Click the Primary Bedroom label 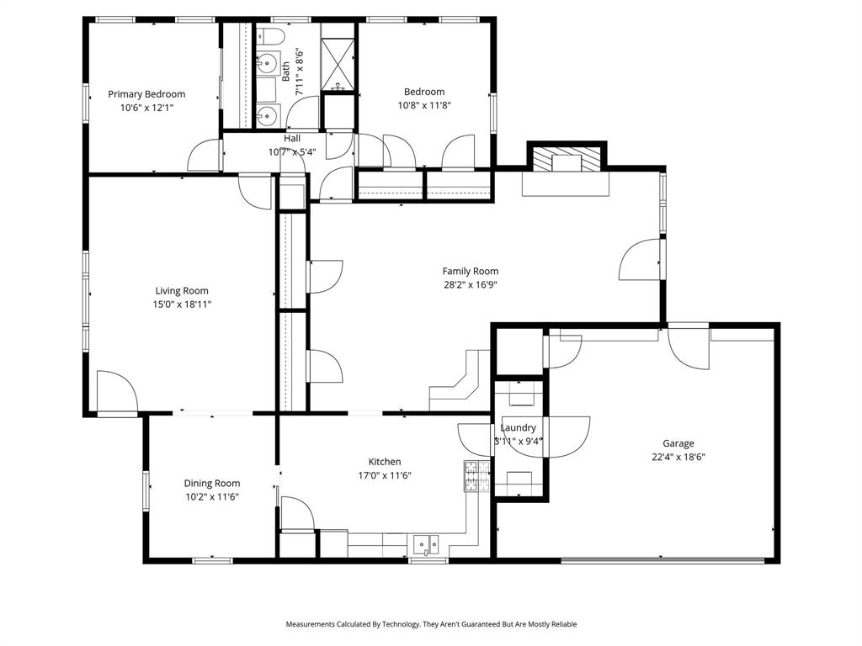click(x=146, y=94)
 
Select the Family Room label click(x=470, y=271)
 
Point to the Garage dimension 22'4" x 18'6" click(x=678, y=458)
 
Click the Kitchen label click(x=384, y=462)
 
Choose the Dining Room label click(x=212, y=483)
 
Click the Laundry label click(x=518, y=428)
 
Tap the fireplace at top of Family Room click(x=566, y=160)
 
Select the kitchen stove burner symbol click(x=476, y=477)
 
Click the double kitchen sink click(x=425, y=545)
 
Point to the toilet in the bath click(x=270, y=35)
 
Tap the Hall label click(x=292, y=139)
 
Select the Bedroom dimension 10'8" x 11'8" click(x=423, y=106)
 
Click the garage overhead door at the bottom click(x=663, y=559)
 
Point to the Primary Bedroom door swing click(x=205, y=156)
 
